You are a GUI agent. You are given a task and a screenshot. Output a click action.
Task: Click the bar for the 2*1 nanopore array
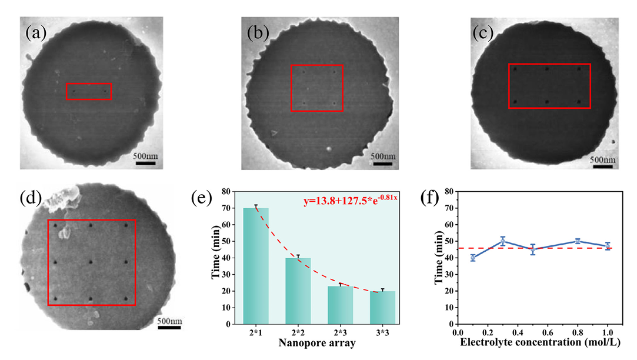point(256,266)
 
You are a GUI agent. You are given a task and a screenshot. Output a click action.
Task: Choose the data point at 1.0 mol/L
point(608,246)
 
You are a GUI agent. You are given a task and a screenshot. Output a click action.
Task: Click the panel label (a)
point(36,32)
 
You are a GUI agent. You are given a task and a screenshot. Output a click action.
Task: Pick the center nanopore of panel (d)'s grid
point(91,261)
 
